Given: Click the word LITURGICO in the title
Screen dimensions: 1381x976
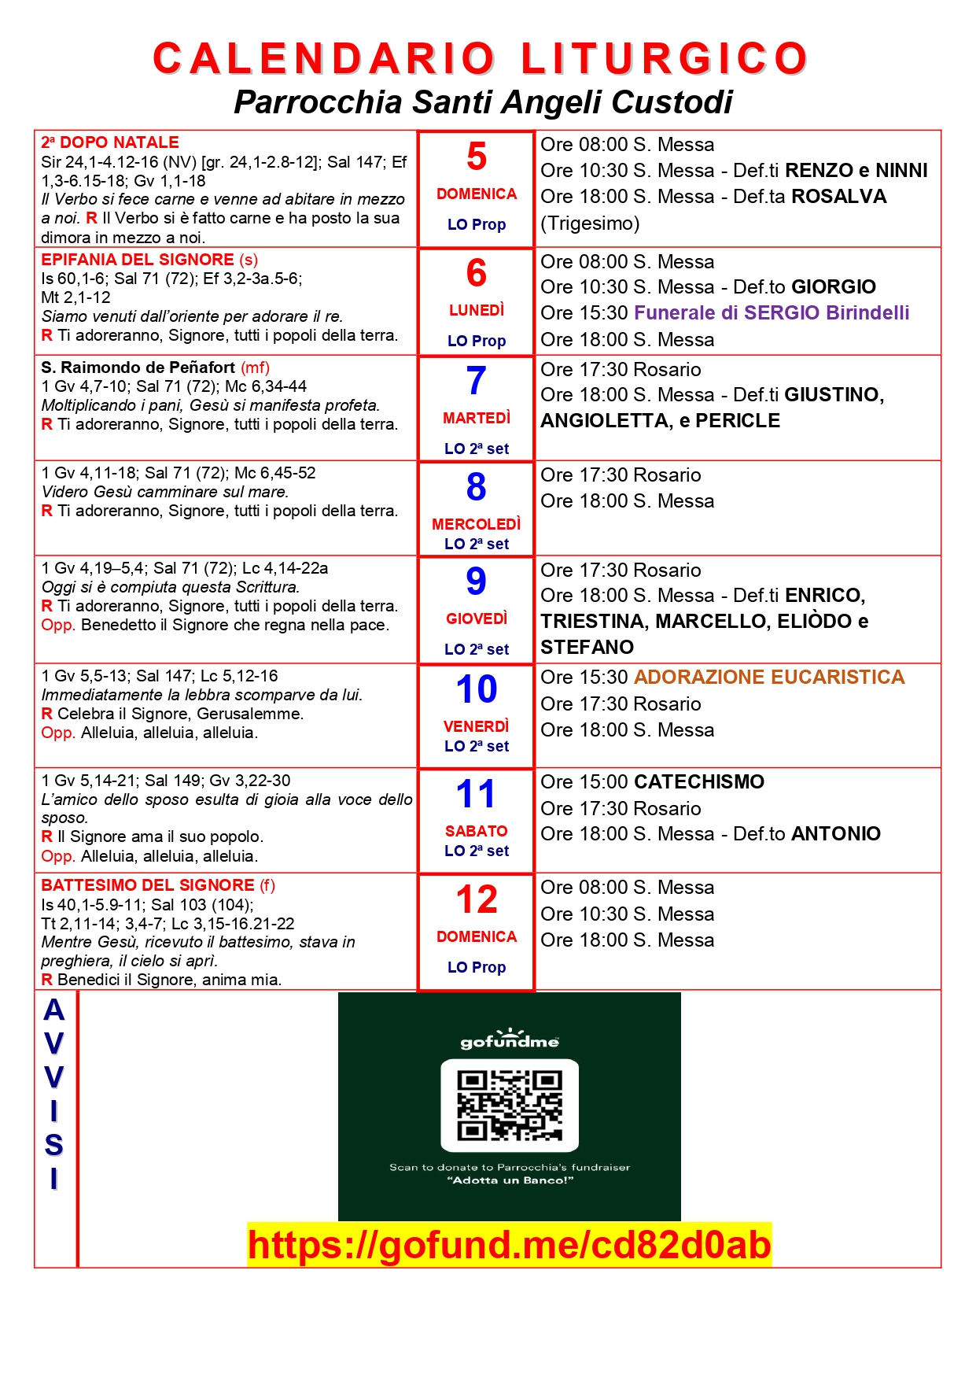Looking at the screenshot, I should pyautogui.click(x=665, y=59).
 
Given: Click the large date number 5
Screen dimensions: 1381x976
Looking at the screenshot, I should pyautogui.click(x=477, y=157).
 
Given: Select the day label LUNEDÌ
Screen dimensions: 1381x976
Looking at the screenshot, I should pyautogui.click(x=477, y=311).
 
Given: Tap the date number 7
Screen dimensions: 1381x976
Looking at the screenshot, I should pyautogui.click(x=477, y=381).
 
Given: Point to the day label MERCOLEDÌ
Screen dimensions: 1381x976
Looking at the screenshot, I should pyautogui.click(x=477, y=524).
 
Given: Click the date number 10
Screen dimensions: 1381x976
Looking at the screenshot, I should pyautogui.click(x=477, y=689).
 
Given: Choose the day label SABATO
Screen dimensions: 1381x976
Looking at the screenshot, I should pyautogui.click(x=477, y=831).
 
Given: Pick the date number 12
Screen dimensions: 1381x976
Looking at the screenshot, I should pyautogui.click(x=477, y=899).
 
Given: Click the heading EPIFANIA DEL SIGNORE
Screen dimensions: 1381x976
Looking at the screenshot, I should pyautogui.click(x=138, y=260).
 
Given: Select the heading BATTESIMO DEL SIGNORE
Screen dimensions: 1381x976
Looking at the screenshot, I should pyautogui.click(x=148, y=885).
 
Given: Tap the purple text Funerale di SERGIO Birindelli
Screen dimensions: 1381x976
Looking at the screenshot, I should pyautogui.click(x=772, y=313).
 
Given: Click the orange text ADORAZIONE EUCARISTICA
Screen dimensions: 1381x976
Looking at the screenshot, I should pyautogui.click(x=769, y=678).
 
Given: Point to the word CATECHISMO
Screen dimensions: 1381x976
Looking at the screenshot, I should pyautogui.click(x=699, y=782).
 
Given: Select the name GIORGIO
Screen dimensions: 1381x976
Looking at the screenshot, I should pyautogui.click(x=834, y=287).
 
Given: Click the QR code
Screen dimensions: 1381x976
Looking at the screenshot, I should pyautogui.click(x=510, y=1105).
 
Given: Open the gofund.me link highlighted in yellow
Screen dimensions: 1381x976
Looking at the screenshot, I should pyautogui.click(x=510, y=1245).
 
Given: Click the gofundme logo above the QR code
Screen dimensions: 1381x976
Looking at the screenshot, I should pyautogui.click(x=510, y=1040).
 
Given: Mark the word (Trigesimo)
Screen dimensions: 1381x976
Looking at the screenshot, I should pyautogui.click(x=590, y=223).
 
